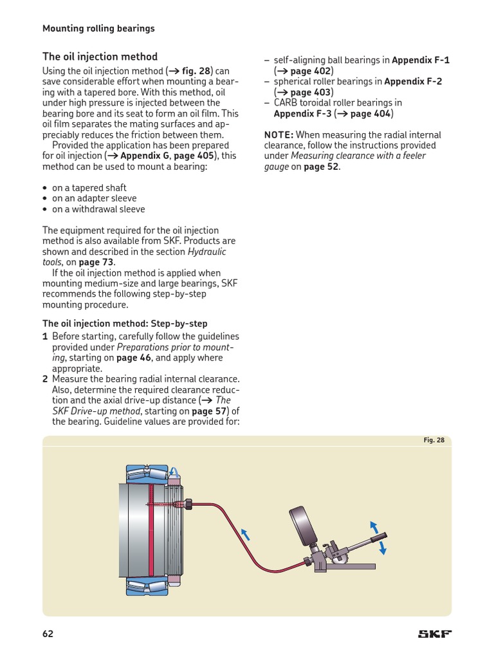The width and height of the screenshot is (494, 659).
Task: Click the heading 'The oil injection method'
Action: click(x=100, y=57)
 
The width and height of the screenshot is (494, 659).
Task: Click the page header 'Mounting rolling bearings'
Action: click(x=98, y=28)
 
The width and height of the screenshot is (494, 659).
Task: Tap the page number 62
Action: click(x=48, y=634)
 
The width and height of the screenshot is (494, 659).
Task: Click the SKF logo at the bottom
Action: click(x=435, y=634)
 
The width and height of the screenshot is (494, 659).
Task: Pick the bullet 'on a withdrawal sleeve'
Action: click(x=98, y=209)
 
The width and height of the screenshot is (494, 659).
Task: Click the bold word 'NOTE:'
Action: click(x=279, y=135)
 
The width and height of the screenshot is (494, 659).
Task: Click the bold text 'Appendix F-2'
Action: click(x=413, y=82)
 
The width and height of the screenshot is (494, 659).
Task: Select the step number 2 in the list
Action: click(x=45, y=379)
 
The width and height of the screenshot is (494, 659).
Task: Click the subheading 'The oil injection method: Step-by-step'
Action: click(x=125, y=324)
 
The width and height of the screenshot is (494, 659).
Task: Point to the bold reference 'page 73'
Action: click(x=96, y=263)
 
